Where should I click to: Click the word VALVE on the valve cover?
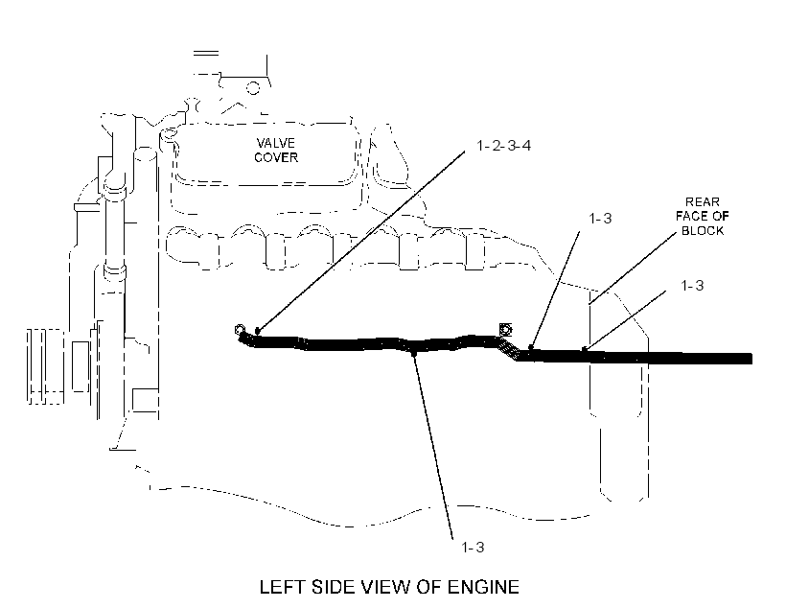(275, 143)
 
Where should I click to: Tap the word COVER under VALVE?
(276, 157)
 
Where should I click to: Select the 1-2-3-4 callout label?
(504, 146)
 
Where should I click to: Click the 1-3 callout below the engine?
(473, 547)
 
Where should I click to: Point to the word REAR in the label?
(703, 201)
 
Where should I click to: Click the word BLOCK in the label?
(703, 231)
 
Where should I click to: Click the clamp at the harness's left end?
(240, 330)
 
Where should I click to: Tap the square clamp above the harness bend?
(505, 330)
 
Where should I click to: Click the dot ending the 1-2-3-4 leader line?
(258, 331)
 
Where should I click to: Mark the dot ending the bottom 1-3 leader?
(414, 354)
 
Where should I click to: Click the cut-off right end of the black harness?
(751, 358)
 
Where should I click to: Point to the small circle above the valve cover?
(254, 88)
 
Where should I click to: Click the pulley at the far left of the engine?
(46, 366)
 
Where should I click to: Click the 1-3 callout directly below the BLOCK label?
(692, 286)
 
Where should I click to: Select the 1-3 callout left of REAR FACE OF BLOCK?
(600, 219)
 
